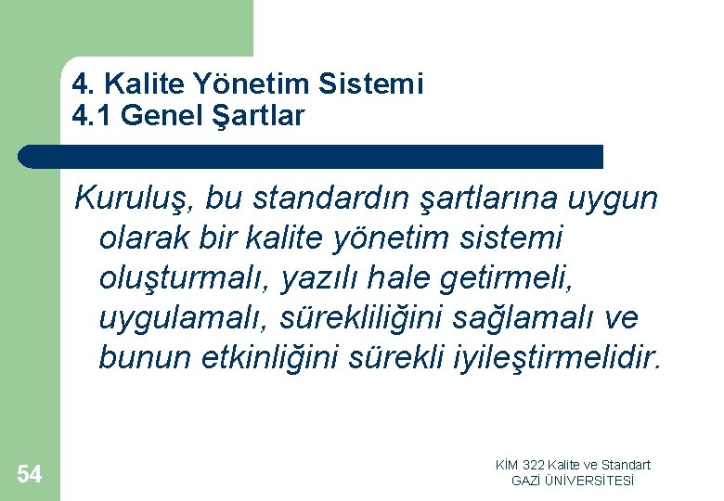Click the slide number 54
point(29,475)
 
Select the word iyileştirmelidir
point(570,358)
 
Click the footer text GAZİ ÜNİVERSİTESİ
point(573,481)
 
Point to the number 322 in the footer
point(534,465)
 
